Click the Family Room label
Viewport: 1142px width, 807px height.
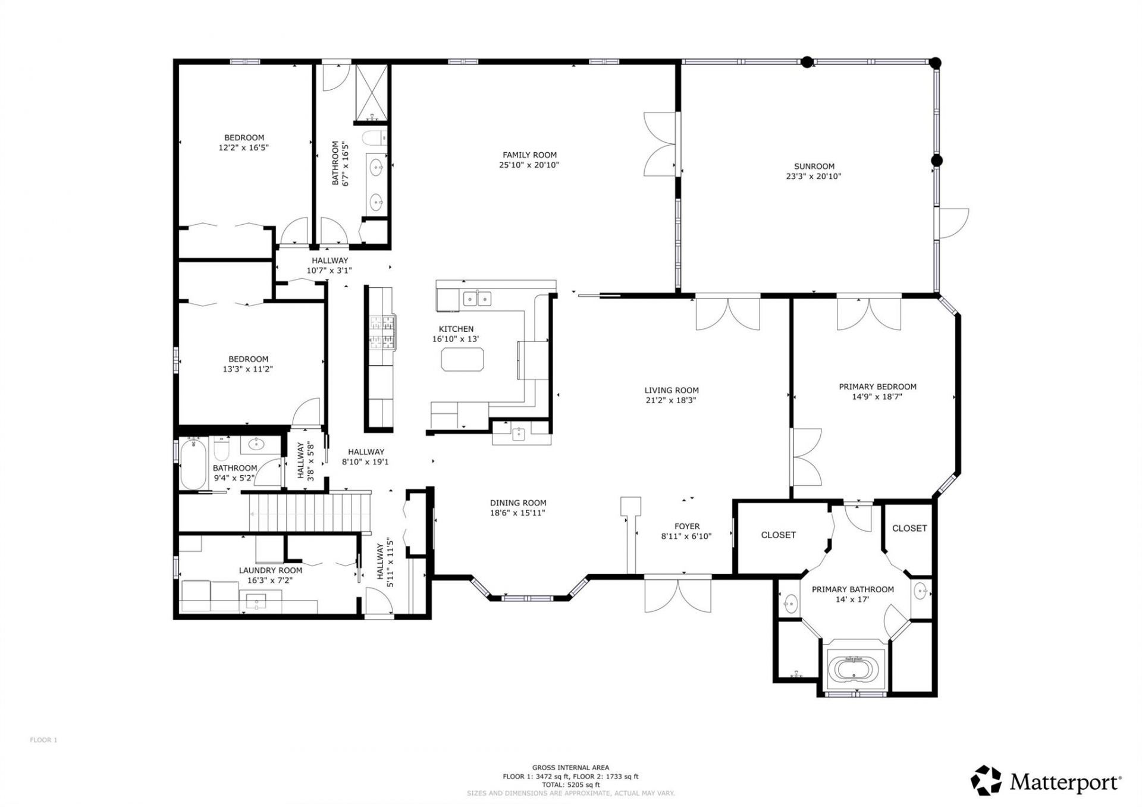click(x=529, y=155)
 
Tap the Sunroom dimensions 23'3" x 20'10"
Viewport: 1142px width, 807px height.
click(x=813, y=177)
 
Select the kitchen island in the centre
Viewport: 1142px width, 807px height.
click(x=462, y=360)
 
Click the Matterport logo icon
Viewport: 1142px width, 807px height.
click(x=986, y=780)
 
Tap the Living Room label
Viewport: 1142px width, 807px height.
click(x=671, y=391)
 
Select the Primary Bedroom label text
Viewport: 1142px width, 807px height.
click(x=877, y=387)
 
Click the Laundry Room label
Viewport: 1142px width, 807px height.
click(x=270, y=570)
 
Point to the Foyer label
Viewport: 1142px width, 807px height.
click(x=686, y=526)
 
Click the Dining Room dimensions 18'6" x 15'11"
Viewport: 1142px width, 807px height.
click(x=517, y=513)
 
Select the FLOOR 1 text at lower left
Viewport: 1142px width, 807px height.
click(x=43, y=740)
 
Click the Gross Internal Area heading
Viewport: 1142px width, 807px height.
click(x=570, y=768)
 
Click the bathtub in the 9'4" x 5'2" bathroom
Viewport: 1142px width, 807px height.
click(x=193, y=464)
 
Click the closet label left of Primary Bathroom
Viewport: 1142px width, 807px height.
click(x=778, y=535)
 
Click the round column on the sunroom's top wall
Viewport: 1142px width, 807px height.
click(x=807, y=61)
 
